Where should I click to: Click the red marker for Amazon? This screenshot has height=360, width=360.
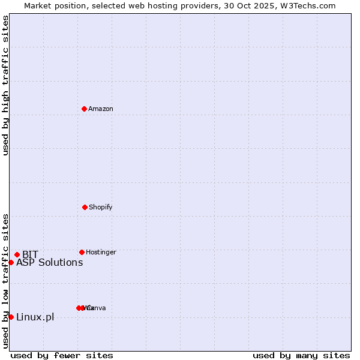tap(85, 109)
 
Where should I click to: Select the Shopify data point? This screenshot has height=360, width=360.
tap(85, 207)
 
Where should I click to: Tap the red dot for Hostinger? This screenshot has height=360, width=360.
tap(82, 252)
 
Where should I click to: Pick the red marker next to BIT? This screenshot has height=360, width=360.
tap(17, 254)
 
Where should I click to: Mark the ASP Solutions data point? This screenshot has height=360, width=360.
tap(11, 262)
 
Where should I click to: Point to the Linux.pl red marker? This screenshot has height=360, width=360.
tap(11, 317)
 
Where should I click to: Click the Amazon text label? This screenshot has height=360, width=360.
tap(101, 109)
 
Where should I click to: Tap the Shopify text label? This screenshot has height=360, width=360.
tap(101, 207)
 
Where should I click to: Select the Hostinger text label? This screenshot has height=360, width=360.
tap(101, 252)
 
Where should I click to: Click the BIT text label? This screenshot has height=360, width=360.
tap(30, 254)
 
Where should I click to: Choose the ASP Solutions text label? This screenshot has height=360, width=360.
tap(50, 262)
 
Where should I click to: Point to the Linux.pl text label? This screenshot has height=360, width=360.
tap(35, 317)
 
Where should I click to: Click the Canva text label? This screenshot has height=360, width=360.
tap(97, 308)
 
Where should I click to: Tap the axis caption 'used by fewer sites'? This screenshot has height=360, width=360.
tap(62, 355)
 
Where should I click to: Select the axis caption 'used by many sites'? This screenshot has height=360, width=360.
tap(301, 355)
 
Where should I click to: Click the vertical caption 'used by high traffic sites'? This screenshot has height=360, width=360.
tap(5, 85)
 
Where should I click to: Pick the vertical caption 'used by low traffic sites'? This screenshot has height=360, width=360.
tap(5, 281)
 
